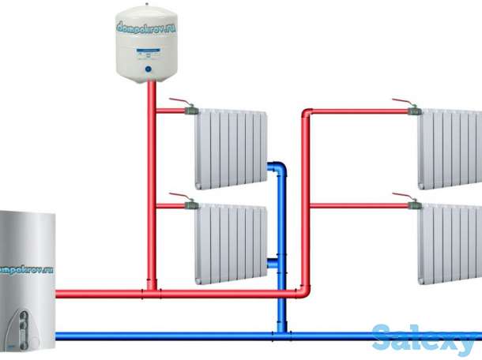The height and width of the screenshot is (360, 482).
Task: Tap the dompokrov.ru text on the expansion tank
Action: [148, 31]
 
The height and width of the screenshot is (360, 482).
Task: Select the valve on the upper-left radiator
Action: [191, 111]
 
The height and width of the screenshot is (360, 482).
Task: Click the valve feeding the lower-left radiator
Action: [191, 205]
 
